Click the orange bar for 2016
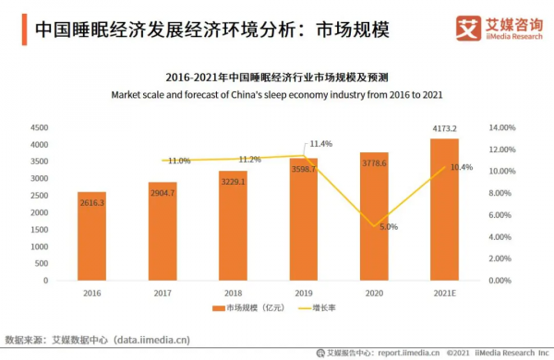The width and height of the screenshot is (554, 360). pyautogui.click(x=91, y=236)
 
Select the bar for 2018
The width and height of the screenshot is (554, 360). pyautogui.click(x=232, y=226)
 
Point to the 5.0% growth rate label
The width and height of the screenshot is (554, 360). pyautogui.click(x=388, y=226)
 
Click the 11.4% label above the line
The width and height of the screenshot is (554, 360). pyautogui.click(x=320, y=144)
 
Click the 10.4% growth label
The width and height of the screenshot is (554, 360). pyautogui.click(x=462, y=167)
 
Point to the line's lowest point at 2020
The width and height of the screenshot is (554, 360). pyautogui.click(x=373, y=225)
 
